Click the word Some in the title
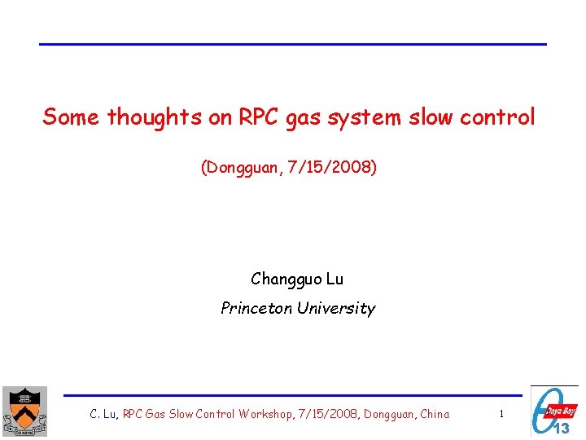click(72, 117)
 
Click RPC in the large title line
click(257, 117)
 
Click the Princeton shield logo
click(24, 411)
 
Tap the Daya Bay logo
click(555, 411)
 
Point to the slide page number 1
click(501, 414)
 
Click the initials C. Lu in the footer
click(104, 414)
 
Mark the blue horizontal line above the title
click(293, 44)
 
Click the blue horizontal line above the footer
click(293, 396)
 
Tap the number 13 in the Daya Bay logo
click(562, 427)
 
